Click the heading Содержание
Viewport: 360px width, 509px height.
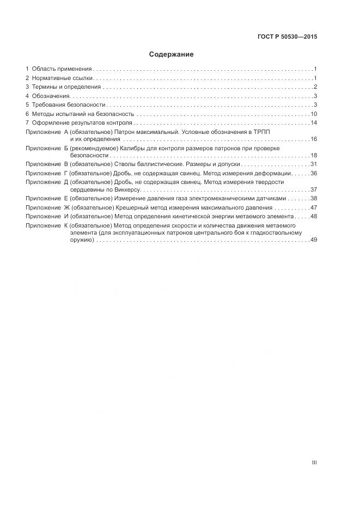coord(171,54)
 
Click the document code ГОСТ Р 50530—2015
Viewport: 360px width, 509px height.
coord(287,37)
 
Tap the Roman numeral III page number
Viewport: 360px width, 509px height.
coord(314,463)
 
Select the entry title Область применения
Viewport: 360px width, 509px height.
coord(62,69)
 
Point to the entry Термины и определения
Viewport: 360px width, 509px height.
coord(66,87)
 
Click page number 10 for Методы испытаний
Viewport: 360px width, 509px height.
coord(314,114)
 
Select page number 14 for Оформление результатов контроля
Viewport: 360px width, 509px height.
coord(314,123)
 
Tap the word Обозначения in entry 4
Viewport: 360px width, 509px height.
coord(50,96)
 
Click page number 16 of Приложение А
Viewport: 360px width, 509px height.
coord(314,139)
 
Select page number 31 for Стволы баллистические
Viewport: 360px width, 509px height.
coord(314,164)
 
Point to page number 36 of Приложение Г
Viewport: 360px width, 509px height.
coord(314,173)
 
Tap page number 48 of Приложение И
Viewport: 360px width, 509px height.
coord(314,217)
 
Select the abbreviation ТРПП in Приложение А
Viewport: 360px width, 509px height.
coord(261,132)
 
